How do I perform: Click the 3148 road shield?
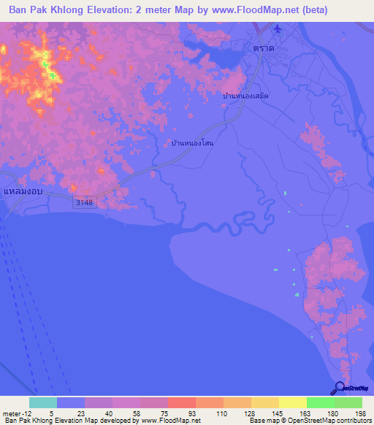[83, 203]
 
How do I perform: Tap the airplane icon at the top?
[277, 29]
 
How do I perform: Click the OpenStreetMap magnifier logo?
[339, 388]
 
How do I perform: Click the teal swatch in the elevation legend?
[43, 402]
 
